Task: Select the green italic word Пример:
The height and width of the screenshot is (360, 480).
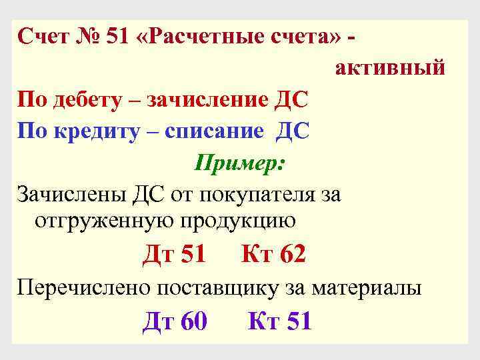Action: [241, 162]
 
